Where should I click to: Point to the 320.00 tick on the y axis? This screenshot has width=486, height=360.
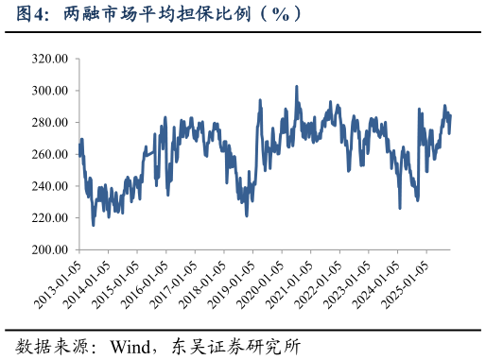pos(49,59)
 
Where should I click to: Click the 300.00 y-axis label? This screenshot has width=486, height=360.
pos(49,91)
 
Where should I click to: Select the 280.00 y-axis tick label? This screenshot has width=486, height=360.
pos(49,123)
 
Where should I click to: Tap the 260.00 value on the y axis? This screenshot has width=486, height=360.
pos(49,155)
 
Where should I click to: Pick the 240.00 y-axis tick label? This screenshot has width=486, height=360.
pos(49,187)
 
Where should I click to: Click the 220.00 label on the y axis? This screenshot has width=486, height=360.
pos(49,218)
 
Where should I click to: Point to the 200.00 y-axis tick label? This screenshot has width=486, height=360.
pos(49,250)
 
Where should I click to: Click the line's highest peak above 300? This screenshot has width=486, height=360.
pos(297,87)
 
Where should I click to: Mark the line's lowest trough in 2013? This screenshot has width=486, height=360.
pos(93,224)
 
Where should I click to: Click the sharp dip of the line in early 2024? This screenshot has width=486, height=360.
pos(400,207)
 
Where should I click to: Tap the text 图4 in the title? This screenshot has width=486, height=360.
pos(22,13)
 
